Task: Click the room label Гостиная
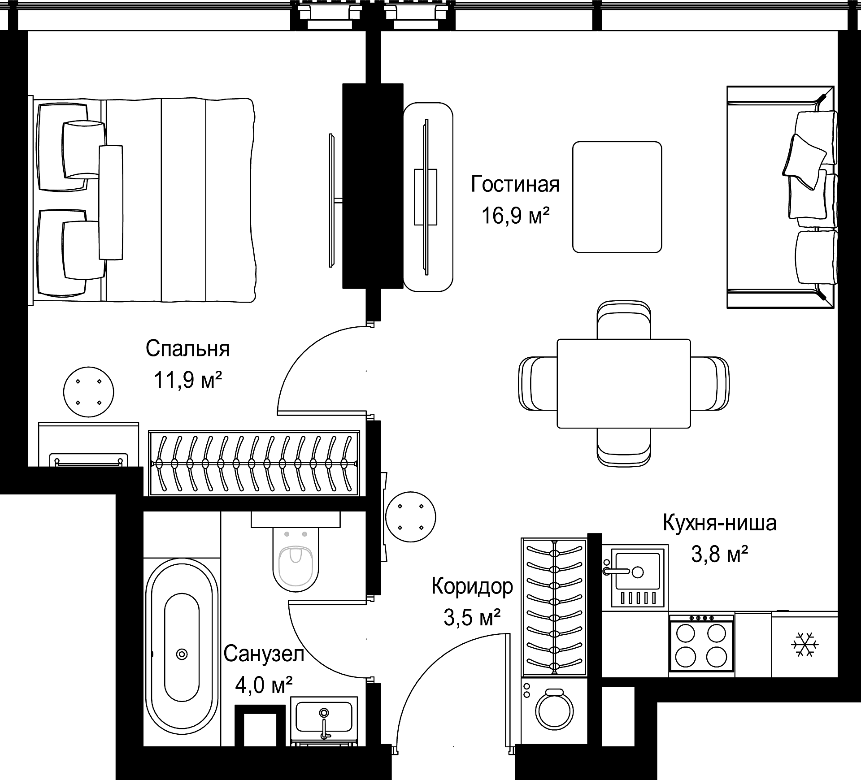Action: pyautogui.click(x=515, y=184)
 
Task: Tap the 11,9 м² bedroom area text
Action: pyautogui.click(x=188, y=380)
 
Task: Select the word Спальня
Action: pyautogui.click(x=187, y=348)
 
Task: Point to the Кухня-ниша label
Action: pyautogui.click(x=720, y=523)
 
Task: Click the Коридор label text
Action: pyautogui.click(x=472, y=587)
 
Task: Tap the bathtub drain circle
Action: pyautogui.click(x=182, y=654)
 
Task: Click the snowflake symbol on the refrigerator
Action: pyautogui.click(x=805, y=645)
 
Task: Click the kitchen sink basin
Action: pyautogui.click(x=637, y=571)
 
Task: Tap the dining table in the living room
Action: pyautogui.click(x=624, y=383)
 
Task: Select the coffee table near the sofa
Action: pyautogui.click(x=617, y=197)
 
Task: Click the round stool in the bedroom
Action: pyautogui.click(x=88, y=392)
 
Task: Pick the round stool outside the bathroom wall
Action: pyautogui.click(x=410, y=516)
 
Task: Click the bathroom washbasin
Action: pyautogui.click(x=324, y=722)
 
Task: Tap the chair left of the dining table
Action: pyautogui.click(x=538, y=383)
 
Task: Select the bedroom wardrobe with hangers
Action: pyautogui.click(x=254, y=463)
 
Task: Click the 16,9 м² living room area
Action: pyautogui.click(x=516, y=216)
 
